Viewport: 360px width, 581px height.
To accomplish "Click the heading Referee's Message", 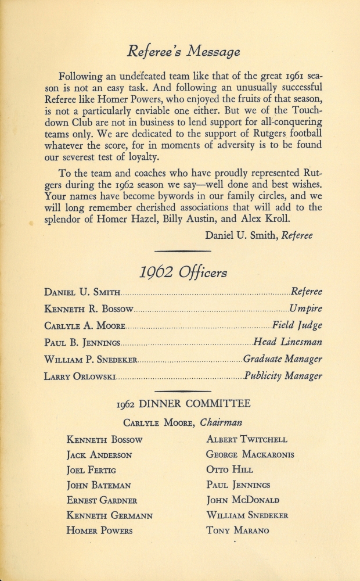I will click(x=183, y=52).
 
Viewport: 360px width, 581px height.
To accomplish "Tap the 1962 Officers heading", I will click(x=183, y=271).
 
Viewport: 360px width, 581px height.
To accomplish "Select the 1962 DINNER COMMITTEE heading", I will click(x=183, y=404).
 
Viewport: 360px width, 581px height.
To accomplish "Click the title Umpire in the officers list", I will click(x=305, y=309).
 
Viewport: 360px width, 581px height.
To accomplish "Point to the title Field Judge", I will click(x=297, y=325).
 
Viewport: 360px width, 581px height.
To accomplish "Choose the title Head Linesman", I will click(x=288, y=342).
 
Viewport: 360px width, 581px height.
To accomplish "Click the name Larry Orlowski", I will click(x=80, y=376).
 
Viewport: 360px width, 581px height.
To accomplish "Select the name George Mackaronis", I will click(x=250, y=454).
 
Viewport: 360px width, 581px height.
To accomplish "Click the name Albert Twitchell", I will click(x=246, y=439).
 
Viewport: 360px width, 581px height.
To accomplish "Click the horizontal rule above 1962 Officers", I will click(x=183, y=251).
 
